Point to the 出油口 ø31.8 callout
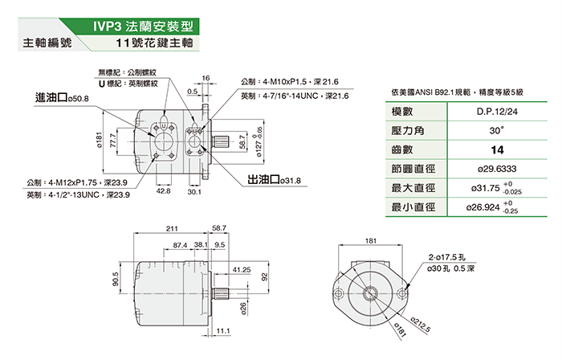point(273,180)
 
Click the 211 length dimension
point(172,230)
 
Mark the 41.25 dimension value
point(241,270)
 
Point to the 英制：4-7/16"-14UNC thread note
point(294,96)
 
